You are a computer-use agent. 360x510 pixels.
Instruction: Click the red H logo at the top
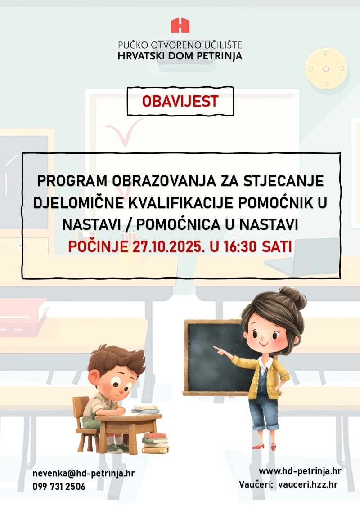pos(180,25)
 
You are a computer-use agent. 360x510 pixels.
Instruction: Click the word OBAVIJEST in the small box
pos(180,102)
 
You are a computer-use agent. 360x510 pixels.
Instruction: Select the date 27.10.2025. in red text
pos(167,246)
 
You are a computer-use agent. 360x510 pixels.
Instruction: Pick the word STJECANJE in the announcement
pos(283,181)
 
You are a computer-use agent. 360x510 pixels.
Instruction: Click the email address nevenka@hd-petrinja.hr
pos(84,474)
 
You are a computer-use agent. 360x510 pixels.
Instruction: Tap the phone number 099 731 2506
pos(59,487)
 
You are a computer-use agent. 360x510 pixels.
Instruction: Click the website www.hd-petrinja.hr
pos(300,471)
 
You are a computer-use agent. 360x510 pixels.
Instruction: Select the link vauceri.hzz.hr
pos(308,484)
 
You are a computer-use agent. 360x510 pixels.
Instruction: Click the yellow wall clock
pos(326,69)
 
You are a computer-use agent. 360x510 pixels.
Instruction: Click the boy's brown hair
pos(117,361)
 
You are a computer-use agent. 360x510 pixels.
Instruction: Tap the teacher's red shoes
pos(265,446)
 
